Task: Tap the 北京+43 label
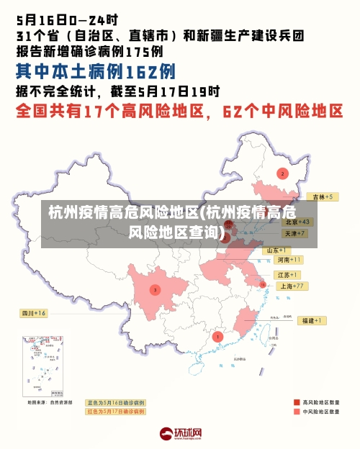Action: click(x=296, y=222)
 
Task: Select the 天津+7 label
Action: click(x=295, y=234)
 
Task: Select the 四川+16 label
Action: click(x=33, y=314)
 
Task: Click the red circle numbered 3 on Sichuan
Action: click(x=154, y=290)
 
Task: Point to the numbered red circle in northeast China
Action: click(x=282, y=173)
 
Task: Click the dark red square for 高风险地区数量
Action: click(x=297, y=402)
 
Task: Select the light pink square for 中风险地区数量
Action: click(x=297, y=412)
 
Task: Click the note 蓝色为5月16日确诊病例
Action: click(x=115, y=402)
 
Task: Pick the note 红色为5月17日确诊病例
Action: click(x=115, y=412)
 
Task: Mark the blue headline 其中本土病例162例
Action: click(x=96, y=72)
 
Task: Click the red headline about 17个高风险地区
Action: click(x=180, y=112)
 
